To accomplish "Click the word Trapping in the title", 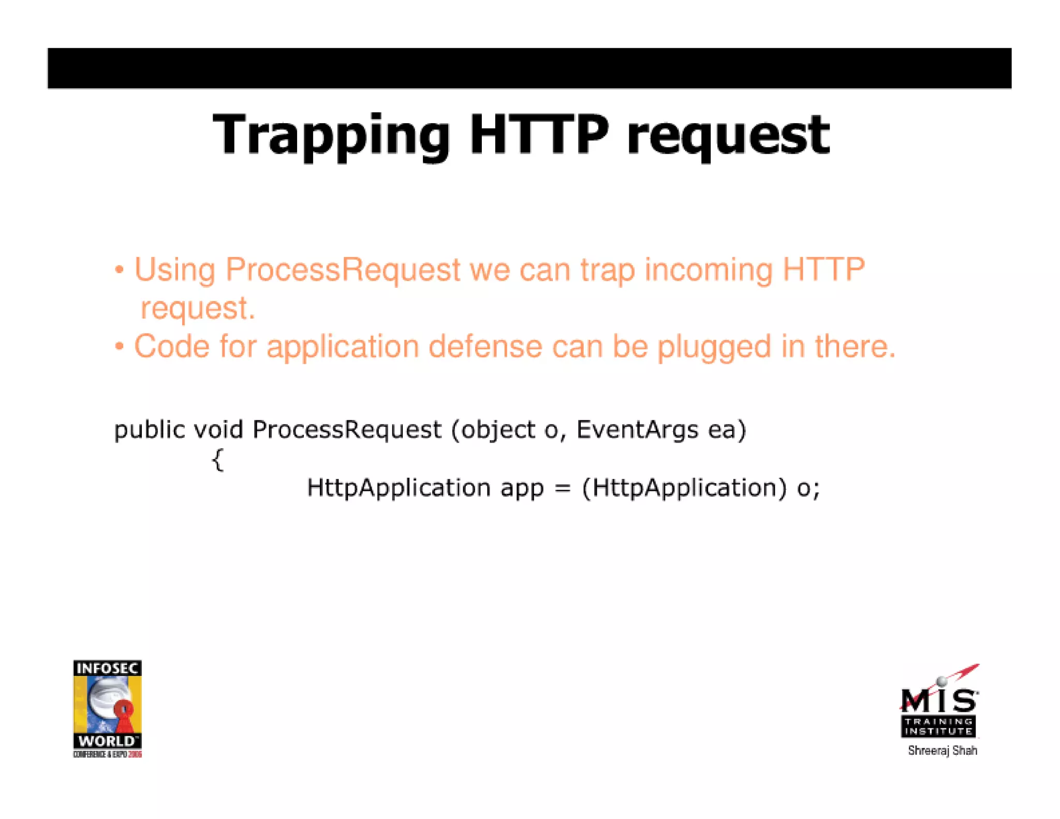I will point(331,136).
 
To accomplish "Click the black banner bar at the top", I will point(529,68).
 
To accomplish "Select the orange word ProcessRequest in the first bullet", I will point(343,270).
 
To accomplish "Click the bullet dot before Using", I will point(120,270).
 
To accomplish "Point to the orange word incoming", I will point(708,270).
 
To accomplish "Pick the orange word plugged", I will point(714,347).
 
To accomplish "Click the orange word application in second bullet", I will point(343,347).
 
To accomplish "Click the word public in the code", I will point(150,430).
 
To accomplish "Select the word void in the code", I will point(218,429).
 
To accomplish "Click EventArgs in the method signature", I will point(637,430).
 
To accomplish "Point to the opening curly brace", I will point(218,459).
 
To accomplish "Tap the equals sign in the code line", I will point(563,488).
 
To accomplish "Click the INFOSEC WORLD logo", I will point(107,708).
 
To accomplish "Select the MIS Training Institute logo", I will point(939,704).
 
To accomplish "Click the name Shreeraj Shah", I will point(942,751).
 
